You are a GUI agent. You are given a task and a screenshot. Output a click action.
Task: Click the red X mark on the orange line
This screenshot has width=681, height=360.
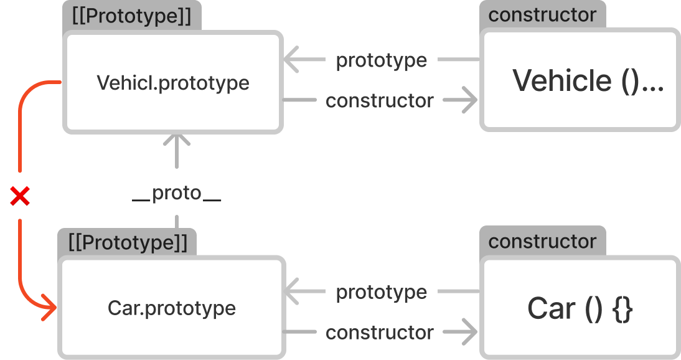click(20, 197)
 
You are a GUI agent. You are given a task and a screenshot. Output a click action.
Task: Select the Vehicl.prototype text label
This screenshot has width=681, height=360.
click(173, 82)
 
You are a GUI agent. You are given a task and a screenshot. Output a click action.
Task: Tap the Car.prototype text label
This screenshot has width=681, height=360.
click(172, 308)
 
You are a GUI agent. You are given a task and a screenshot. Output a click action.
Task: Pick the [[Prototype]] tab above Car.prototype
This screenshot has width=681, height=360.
click(128, 242)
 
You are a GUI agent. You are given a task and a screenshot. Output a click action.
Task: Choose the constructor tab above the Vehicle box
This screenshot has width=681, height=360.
click(542, 15)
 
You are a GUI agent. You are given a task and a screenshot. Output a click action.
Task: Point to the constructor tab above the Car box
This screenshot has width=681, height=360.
click(542, 241)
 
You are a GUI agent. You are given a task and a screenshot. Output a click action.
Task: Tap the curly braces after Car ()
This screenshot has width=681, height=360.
click(622, 309)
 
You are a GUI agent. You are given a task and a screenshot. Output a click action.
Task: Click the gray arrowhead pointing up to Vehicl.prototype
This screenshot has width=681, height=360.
click(177, 141)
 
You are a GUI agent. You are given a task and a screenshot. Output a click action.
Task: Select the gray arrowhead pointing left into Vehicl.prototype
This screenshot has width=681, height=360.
click(290, 60)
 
